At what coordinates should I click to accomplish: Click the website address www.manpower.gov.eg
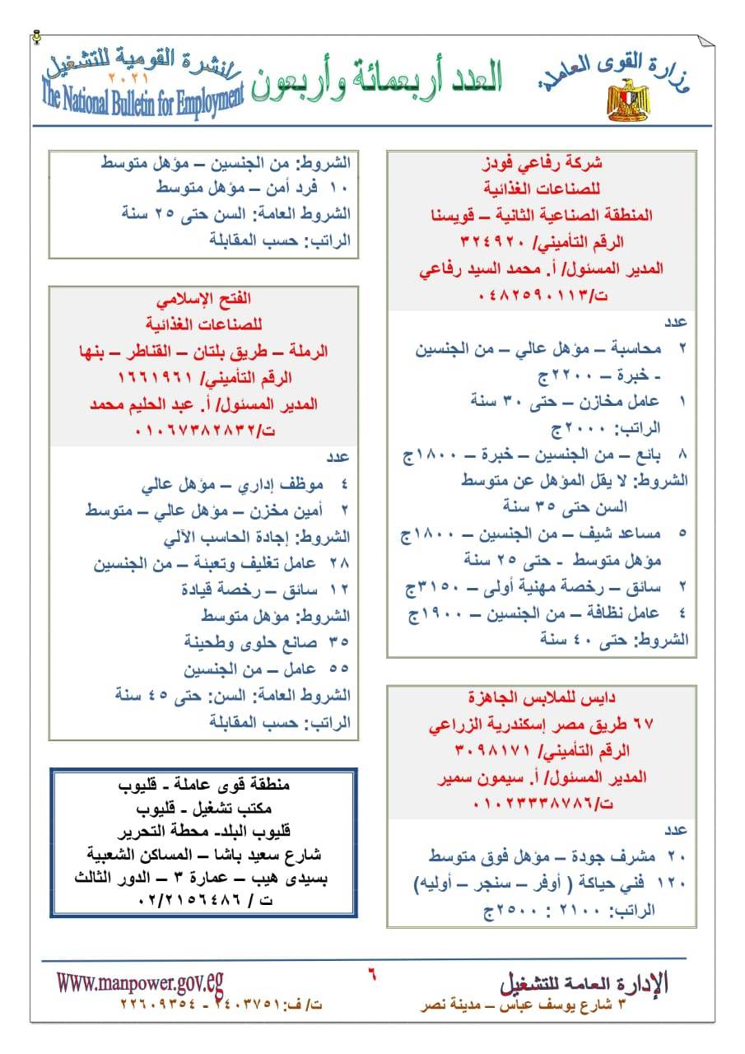click(140, 982)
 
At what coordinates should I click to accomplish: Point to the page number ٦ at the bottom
click(372, 972)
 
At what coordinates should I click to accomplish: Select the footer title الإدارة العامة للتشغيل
click(584, 982)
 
